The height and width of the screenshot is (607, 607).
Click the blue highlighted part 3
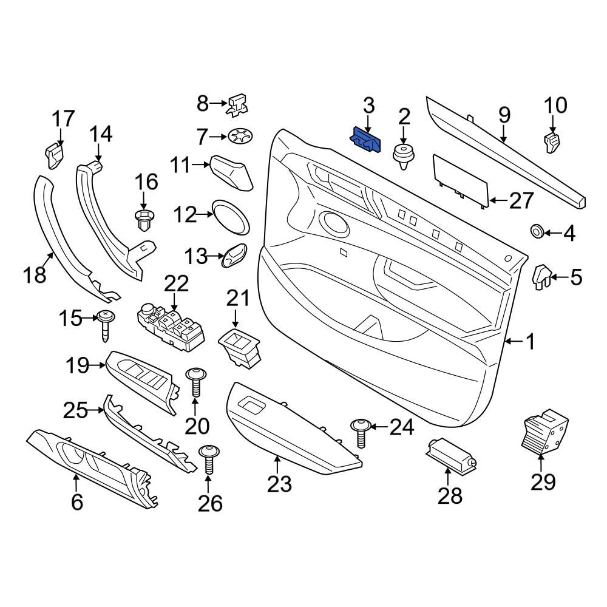365,140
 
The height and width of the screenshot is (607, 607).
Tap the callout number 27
521,201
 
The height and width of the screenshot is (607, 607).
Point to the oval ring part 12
231,217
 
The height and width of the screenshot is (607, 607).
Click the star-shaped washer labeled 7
240,137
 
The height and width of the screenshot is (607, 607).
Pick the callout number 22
177,283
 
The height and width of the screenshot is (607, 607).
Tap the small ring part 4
537,231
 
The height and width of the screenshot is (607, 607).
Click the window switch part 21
239,347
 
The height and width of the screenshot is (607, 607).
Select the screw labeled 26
209,459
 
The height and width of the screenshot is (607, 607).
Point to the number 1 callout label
530,341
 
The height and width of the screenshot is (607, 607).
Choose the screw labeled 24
361,433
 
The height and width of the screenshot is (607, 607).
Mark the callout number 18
35,275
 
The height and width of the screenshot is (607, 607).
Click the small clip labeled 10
552,141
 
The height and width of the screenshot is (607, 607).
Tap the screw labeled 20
196,382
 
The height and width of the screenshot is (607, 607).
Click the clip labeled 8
237,105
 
